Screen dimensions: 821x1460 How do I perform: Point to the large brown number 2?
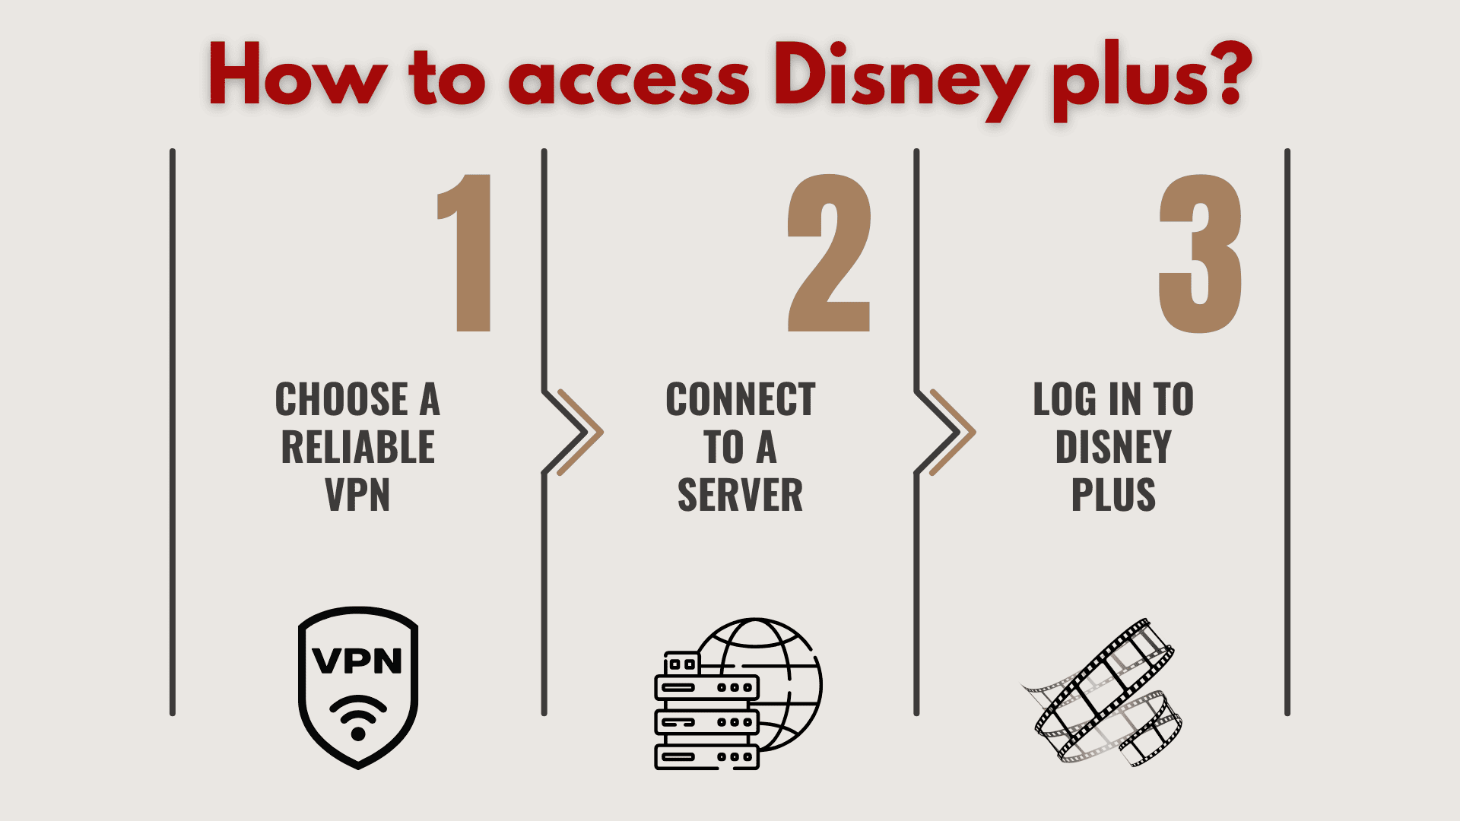829,253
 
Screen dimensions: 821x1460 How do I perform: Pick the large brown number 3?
1200,253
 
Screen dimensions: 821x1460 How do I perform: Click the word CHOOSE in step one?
342,400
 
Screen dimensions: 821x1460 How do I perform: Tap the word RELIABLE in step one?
357,447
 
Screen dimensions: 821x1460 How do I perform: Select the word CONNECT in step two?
740,400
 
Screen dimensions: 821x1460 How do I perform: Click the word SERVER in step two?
740,495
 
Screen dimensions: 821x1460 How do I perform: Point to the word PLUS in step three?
1113,495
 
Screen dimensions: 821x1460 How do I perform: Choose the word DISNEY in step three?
1113,447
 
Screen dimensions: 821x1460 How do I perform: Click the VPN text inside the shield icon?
357,661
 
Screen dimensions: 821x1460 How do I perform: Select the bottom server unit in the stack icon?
706,756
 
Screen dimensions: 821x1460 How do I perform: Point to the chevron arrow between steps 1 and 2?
576,432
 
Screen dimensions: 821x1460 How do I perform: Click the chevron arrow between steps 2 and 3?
948,432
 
